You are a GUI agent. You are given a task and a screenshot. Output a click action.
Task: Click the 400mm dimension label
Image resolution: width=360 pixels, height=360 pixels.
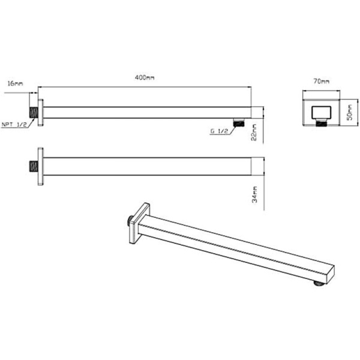pyautogui.click(x=145, y=78)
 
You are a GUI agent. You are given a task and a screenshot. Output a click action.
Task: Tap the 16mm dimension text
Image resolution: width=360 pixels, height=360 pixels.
pyautogui.click(x=14, y=84)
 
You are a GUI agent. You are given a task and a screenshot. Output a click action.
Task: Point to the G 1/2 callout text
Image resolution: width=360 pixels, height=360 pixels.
pyautogui.click(x=217, y=131)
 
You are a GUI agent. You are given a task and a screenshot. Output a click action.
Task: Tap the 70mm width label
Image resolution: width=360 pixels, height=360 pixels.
pyautogui.click(x=321, y=80)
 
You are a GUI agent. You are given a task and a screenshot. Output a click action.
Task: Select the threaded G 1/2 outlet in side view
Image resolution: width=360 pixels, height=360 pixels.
pyautogui.click(x=238, y=122)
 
